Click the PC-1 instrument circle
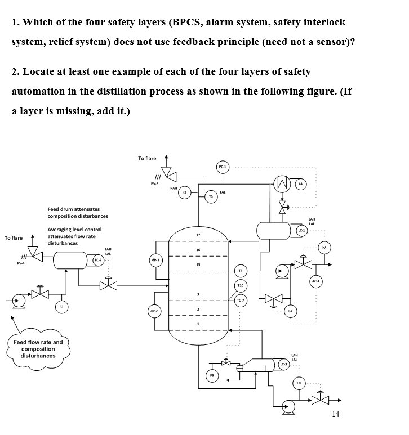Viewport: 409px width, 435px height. [222, 167]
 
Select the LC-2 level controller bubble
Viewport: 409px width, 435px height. [97, 260]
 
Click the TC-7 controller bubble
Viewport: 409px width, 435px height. [241, 301]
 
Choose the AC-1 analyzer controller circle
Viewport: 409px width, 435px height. [315, 280]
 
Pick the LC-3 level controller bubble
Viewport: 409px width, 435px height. [283, 365]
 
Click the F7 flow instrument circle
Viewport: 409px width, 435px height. [324, 246]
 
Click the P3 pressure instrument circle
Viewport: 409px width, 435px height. [184, 192]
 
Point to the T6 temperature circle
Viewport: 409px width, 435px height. [241, 271]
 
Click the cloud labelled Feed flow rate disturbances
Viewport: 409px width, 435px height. [38, 349]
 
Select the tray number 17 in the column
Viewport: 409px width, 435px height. [198, 235]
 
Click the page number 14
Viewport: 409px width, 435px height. [336, 415]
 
